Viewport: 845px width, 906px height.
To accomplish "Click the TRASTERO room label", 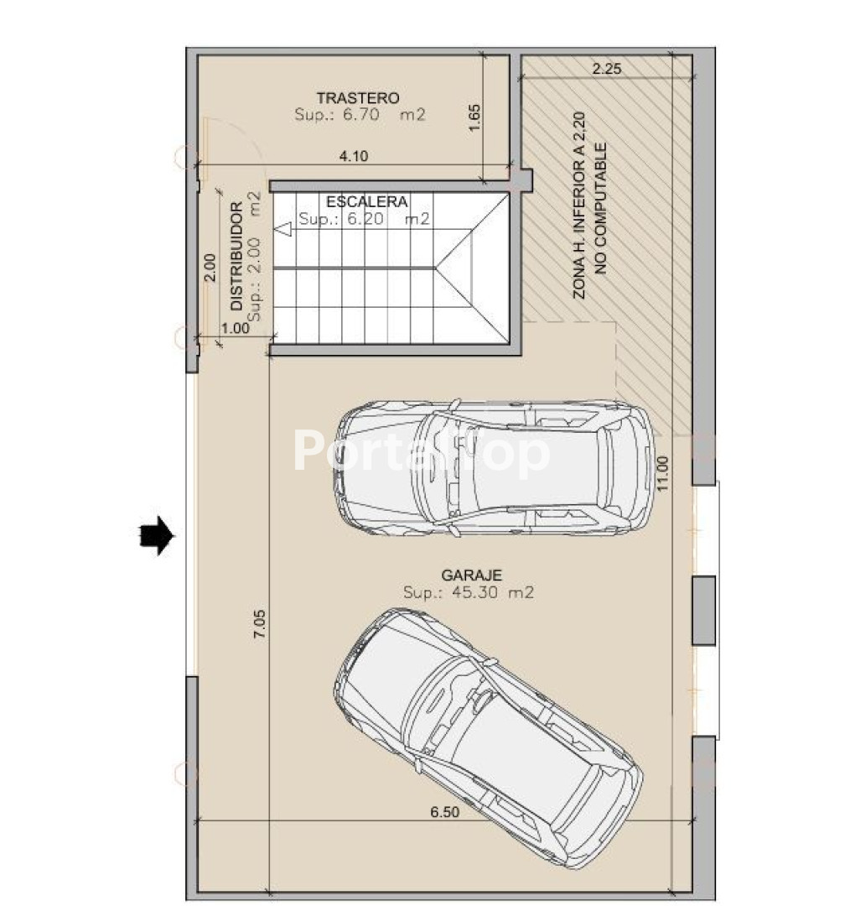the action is point(357,98).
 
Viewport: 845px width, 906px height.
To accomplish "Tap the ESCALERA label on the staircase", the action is point(367,201).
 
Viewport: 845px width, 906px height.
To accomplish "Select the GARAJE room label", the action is point(471,575).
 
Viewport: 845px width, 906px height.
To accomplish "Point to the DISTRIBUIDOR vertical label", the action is point(236,257).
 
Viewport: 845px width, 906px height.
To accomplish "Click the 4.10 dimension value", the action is point(354,156).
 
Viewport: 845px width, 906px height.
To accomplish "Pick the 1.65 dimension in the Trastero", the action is point(474,118).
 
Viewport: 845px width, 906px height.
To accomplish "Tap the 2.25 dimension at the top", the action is point(606,69).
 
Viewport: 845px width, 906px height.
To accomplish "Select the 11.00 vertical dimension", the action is point(662,474).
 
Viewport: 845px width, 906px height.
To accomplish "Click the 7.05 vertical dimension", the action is point(259,624).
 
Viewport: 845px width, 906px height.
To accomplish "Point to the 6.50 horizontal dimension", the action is point(445,812).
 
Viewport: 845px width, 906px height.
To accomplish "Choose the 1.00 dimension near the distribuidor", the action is point(236,328).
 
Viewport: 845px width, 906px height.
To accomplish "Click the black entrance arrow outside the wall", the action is point(157,535).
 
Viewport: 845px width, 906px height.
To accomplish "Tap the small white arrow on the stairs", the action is point(283,229).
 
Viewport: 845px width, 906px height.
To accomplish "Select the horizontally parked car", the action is point(495,467).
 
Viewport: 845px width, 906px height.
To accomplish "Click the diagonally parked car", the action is point(488,738).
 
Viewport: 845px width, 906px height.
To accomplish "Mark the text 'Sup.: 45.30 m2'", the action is point(469,592).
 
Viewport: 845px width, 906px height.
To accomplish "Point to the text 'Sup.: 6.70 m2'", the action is point(360,114).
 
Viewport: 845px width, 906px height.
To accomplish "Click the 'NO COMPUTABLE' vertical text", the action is point(601,209).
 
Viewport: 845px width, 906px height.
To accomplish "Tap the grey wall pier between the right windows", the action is point(704,610).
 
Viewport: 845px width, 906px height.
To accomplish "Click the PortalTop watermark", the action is point(422,451).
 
